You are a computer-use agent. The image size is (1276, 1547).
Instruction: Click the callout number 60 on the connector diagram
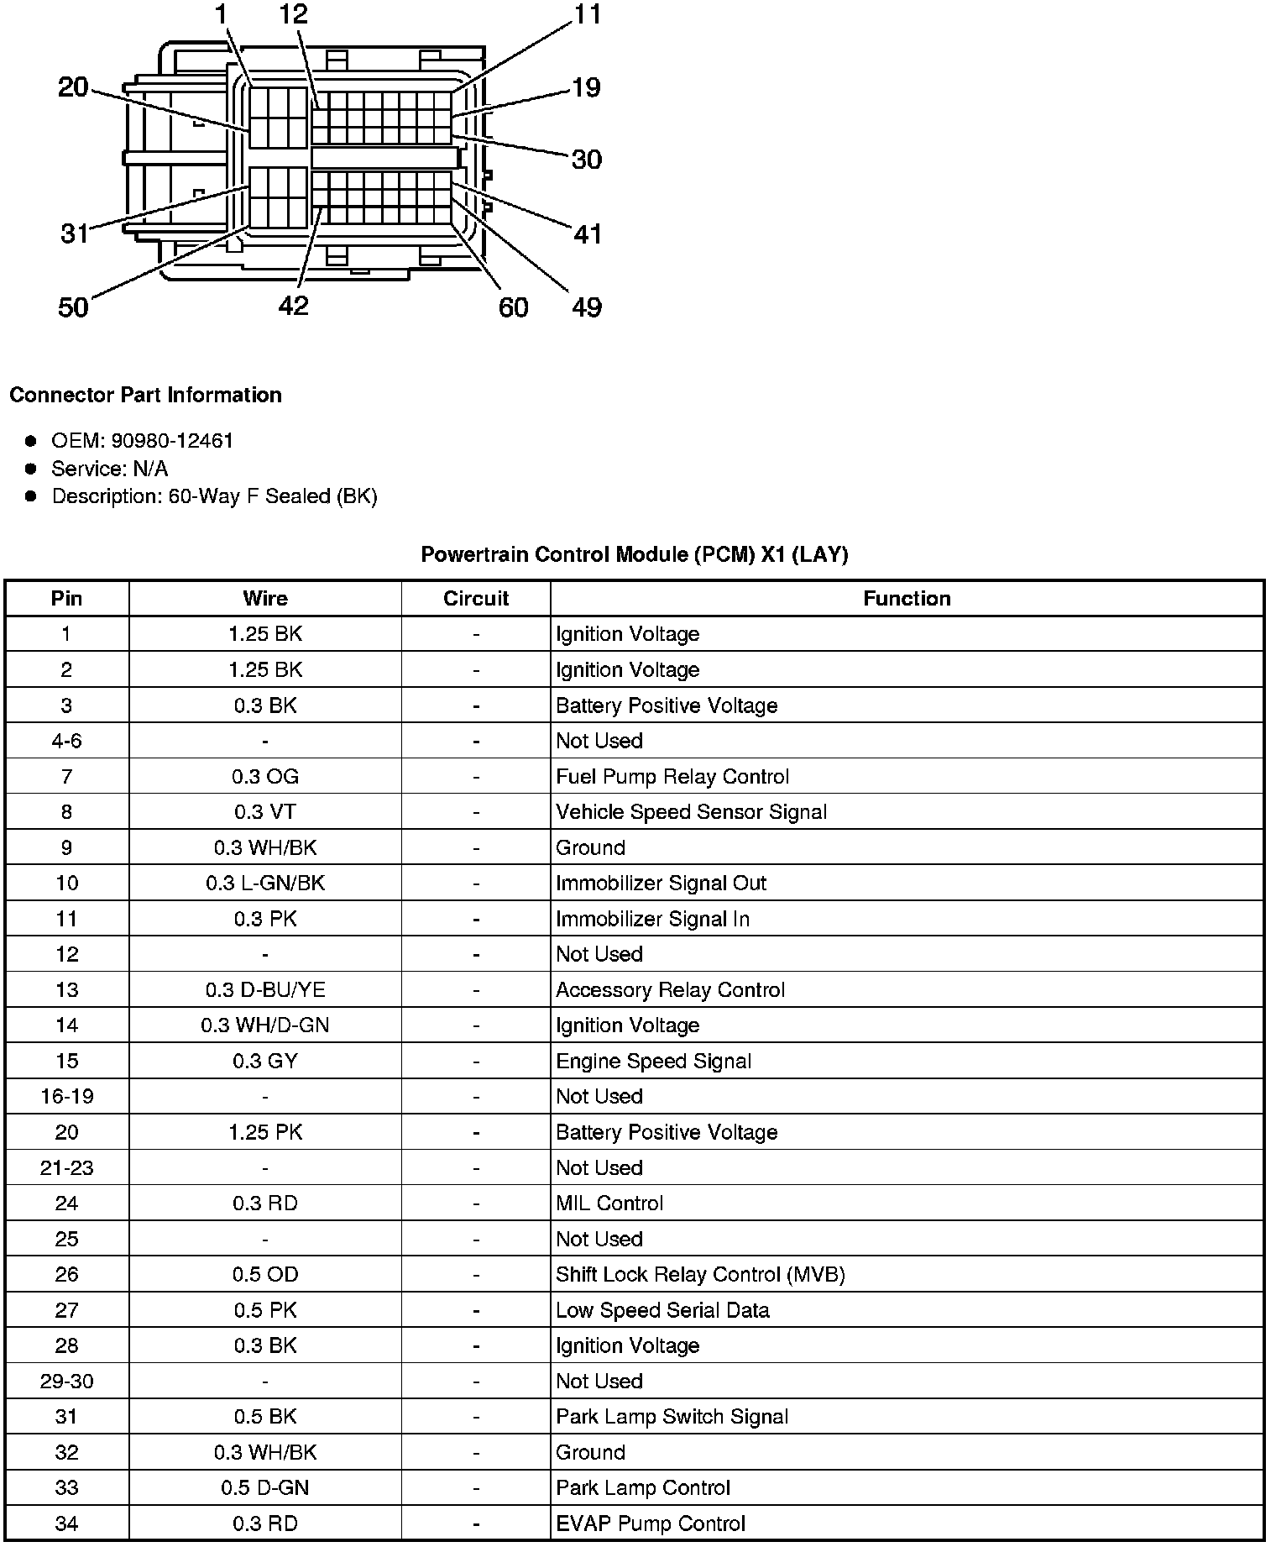coord(513,307)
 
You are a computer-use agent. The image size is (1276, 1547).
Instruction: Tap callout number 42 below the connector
coord(293,306)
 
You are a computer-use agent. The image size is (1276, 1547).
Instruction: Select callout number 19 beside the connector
coord(586,87)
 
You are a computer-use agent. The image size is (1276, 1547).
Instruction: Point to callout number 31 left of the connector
coord(74,233)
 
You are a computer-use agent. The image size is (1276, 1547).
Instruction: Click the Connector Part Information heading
coord(146,395)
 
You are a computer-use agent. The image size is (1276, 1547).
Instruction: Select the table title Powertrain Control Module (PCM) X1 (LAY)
coord(634,554)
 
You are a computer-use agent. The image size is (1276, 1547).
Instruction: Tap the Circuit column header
coord(476,598)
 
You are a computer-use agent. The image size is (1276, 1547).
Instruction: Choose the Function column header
coord(907,598)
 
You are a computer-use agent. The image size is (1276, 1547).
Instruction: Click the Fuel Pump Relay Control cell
coord(672,776)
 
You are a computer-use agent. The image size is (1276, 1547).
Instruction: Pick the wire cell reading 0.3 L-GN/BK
coord(265,883)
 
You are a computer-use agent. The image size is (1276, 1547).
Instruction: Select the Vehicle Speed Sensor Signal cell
coord(691,811)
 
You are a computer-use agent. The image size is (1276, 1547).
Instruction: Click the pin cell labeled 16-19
coord(66,1096)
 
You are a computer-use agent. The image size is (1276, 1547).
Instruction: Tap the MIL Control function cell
coord(609,1203)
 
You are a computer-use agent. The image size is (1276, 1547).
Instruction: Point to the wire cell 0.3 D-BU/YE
coord(265,989)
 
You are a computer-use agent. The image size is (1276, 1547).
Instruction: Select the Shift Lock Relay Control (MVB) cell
coord(700,1274)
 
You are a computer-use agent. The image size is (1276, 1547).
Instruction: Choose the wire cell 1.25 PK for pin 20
coord(265,1132)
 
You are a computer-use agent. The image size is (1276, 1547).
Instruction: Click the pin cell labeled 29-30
coord(66,1381)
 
